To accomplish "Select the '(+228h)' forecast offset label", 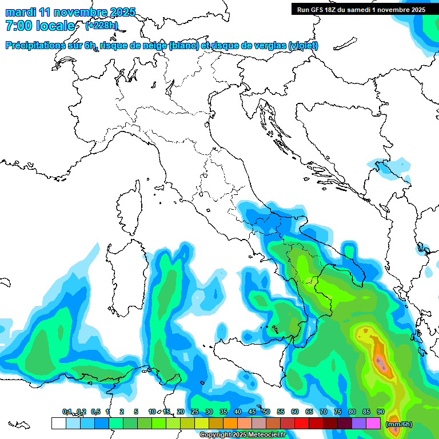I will pyautogui.click(x=101, y=26).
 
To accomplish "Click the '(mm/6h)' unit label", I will pyautogui.click(x=398, y=424).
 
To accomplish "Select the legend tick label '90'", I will pyautogui.click(x=380, y=412).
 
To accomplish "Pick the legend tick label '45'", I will pyautogui.click(x=252, y=412).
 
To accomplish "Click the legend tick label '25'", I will pyautogui.click(x=195, y=412).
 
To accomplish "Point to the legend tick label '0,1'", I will pyautogui.click(x=67, y=412).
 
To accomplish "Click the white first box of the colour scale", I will pyautogui.click(x=58, y=424).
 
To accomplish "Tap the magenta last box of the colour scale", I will pyautogui.click(x=373, y=424).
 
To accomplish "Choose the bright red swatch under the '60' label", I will pyautogui.click(x=301, y=424).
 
